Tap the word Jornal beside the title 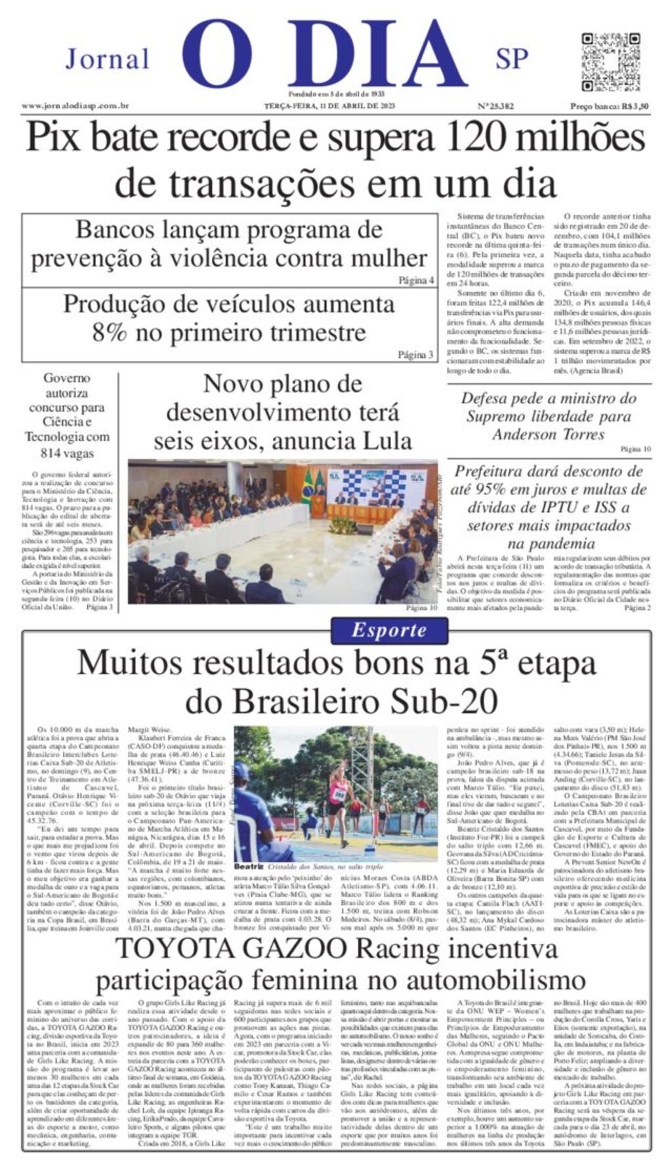107,60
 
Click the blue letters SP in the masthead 511,59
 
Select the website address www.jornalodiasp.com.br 75,106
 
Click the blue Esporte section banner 389,630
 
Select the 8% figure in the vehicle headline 109,333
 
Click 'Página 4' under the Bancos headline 417,280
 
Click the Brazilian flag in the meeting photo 306,488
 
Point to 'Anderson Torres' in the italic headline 549,435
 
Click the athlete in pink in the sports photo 339,801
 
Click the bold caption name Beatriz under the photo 249,866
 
